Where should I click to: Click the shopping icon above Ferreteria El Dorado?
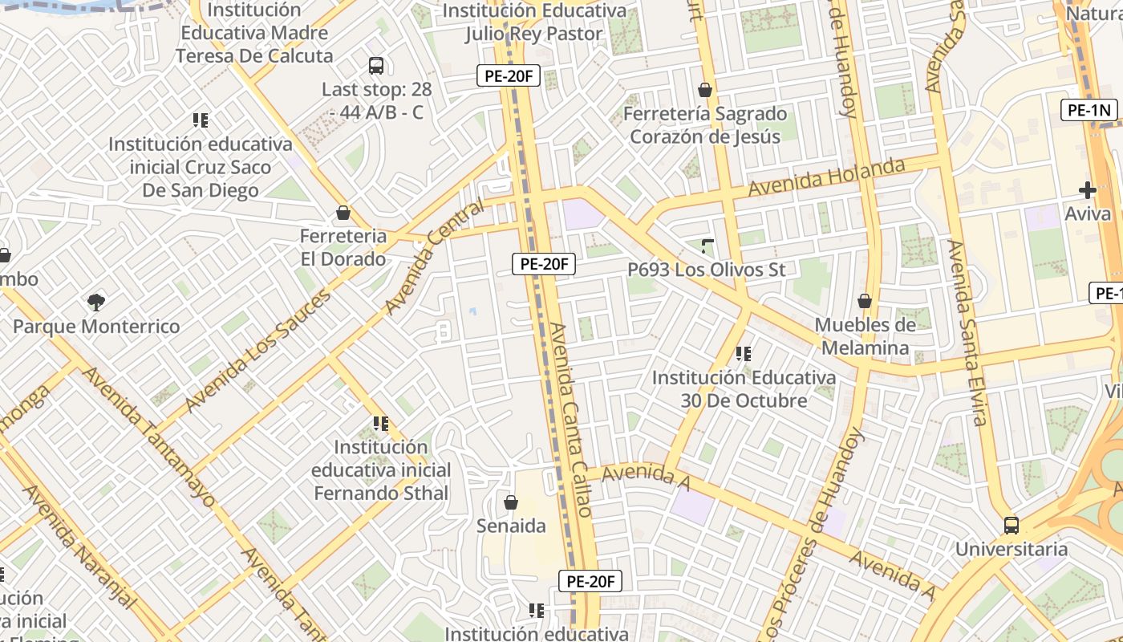343,213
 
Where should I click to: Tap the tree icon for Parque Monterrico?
96,303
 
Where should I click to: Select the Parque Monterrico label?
96,327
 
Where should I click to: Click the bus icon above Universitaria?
1012,526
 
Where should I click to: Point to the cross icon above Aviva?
1088,190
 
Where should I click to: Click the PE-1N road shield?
1089,110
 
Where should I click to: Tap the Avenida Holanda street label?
826,178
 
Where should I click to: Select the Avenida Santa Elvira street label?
967,332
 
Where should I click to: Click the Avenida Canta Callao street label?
571,419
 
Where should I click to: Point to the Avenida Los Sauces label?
258,351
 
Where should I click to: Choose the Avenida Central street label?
435,257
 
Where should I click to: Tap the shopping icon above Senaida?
511,502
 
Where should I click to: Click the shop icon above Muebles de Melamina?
865,301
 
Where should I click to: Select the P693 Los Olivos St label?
707,270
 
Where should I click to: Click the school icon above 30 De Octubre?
744,353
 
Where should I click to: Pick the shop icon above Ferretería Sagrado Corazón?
705,90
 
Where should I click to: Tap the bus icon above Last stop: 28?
376,66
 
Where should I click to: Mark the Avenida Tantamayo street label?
149,437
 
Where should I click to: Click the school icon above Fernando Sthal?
381,423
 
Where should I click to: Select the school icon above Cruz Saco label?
201,120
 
